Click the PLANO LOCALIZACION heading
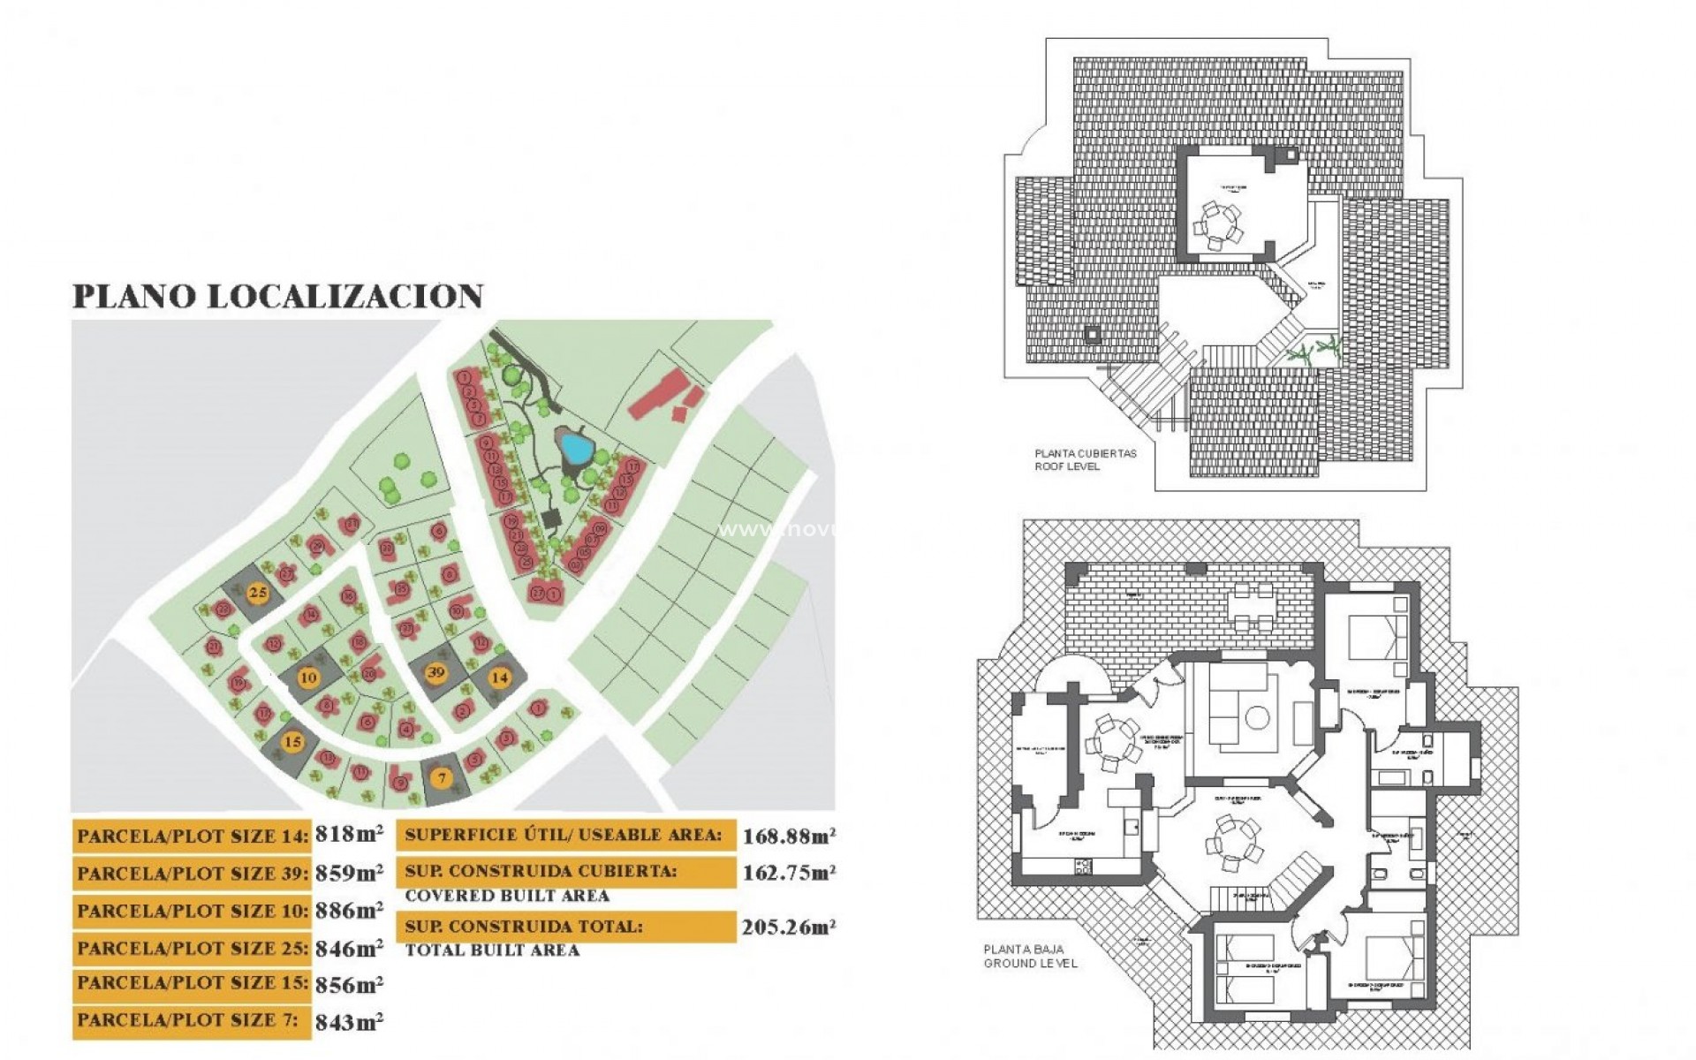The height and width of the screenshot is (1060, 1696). [x=277, y=296]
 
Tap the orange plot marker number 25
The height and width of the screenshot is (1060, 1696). [x=258, y=592]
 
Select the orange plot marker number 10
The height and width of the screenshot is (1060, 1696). [x=308, y=678]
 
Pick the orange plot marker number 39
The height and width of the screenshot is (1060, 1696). [x=435, y=672]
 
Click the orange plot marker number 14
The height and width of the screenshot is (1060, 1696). [x=500, y=678]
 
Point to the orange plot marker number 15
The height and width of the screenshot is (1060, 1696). [x=292, y=742]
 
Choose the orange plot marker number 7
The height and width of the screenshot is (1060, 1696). [x=443, y=778]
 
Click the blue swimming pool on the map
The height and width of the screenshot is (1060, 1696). [x=576, y=450]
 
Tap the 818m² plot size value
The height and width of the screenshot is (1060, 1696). [x=349, y=834]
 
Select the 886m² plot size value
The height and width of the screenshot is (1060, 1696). [x=349, y=910]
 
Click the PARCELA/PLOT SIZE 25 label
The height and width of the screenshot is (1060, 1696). [x=193, y=949]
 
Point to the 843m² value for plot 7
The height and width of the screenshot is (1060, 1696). [x=349, y=1022]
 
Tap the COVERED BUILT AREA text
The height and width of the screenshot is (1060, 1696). [x=507, y=896]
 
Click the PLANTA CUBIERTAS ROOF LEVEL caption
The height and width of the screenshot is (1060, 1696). [x=1086, y=459]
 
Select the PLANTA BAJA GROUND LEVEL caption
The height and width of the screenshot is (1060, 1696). [x=1030, y=957]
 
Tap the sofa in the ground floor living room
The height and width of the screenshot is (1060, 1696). [x=1226, y=715]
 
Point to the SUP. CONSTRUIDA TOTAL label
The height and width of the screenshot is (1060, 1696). [x=524, y=927]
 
